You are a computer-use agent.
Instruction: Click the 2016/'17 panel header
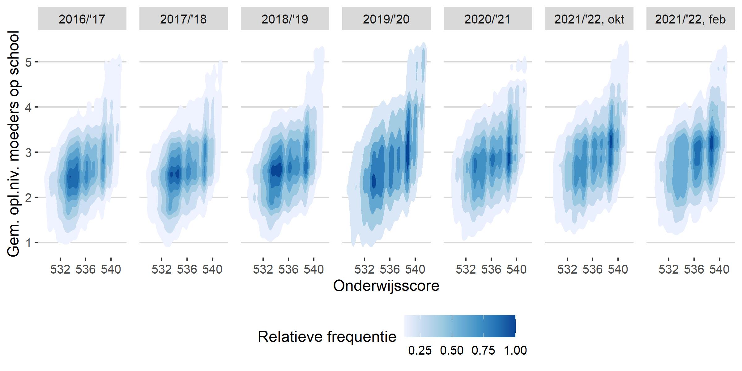pos(82,19)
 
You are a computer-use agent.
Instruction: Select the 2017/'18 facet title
pos(183,19)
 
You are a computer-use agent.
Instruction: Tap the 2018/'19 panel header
pos(285,19)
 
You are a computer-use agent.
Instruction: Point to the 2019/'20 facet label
pos(386,19)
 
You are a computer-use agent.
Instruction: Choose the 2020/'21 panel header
pos(488,19)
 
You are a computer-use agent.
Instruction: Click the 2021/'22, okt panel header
pos(589,19)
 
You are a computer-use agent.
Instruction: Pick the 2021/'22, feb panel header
pos(690,19)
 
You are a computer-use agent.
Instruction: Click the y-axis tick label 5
pos(28,62)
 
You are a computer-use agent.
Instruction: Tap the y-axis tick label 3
pos(28,152)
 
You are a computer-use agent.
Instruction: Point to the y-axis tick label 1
pos(28,243)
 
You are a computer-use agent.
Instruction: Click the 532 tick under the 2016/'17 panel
pos(60,269)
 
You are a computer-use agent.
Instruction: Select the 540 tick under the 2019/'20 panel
pos(415,269)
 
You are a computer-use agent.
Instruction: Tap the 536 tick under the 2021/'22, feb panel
pos(694,269)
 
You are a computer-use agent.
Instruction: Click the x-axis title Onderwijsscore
pos(386,286)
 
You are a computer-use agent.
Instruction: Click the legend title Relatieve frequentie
pos(327,337)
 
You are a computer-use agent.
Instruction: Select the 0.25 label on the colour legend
pos(420,351)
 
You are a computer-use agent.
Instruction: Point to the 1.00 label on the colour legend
pos(515,351)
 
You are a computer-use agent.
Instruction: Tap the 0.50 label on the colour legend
pos(452,351)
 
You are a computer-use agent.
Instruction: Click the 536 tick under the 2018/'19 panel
pos(288,269)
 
